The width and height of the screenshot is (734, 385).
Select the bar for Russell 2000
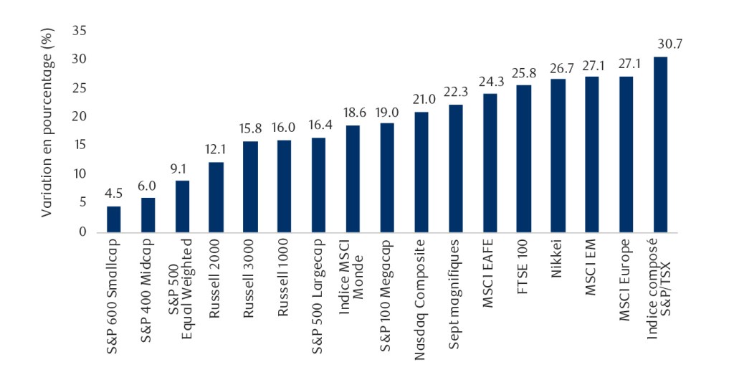pyautogui.click(x=216, y=197)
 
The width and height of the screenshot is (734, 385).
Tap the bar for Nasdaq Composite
pyautogui.click(x=421, y=172)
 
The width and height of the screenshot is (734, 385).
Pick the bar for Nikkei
pyautogui.click(x=558, y=156)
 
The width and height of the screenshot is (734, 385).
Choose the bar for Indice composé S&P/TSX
pyautogui.click(x=661, y=144)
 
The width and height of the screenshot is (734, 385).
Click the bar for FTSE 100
pyautogui.click(x=524, y=158)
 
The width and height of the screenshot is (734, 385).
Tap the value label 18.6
pyautogui.click(x=353, y=113)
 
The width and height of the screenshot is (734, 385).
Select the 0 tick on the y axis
pyautogui.click(x=82, y=232)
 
